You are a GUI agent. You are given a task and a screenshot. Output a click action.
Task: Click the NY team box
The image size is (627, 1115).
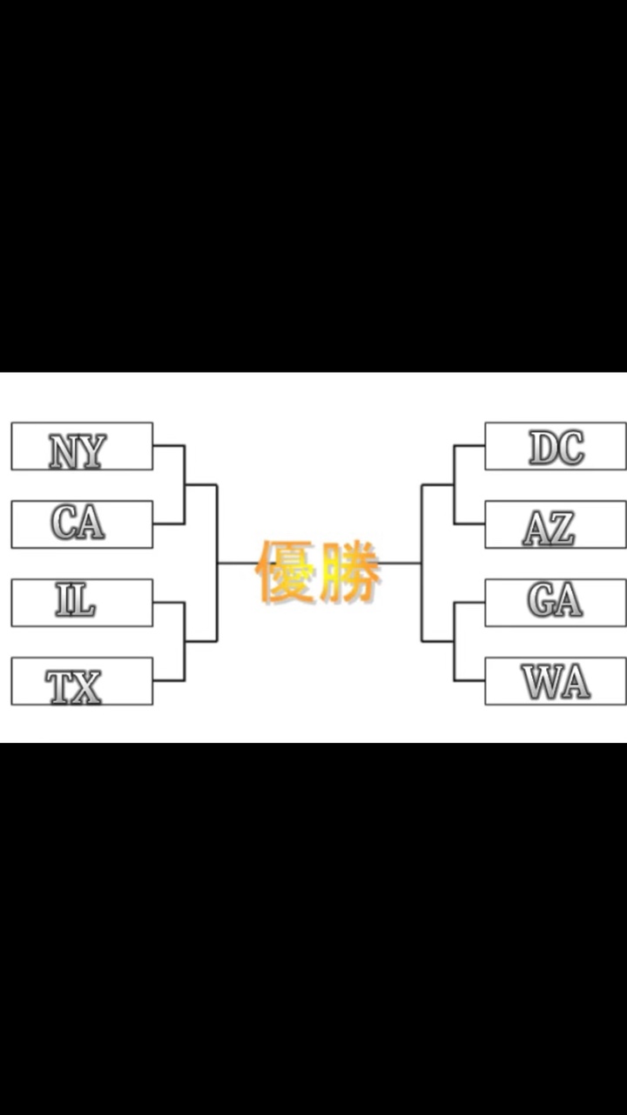[82, 446]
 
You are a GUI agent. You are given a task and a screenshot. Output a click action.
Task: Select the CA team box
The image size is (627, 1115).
[82, 524]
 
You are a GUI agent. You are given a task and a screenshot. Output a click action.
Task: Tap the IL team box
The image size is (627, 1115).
[82, 603]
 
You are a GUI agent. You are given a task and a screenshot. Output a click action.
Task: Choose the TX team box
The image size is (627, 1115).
[82, 681]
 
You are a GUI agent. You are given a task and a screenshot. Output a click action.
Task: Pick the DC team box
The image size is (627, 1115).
[555, 446]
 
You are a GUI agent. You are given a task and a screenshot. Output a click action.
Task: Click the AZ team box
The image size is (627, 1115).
[555, 524]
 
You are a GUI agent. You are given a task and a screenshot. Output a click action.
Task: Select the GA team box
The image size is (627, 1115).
[555, 603]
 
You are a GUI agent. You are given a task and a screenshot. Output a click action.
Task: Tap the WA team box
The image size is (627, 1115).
[555, 681]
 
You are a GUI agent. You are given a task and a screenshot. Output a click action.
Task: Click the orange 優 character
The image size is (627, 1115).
[286, 571]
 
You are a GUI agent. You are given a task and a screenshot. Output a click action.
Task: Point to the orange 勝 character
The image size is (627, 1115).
[350, 571]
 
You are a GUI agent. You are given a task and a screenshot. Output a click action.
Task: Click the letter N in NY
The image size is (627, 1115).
[64, 451]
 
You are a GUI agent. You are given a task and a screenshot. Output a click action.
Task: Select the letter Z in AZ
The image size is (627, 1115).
[562, 529]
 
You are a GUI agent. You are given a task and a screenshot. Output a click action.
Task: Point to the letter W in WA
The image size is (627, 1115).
[541, 682]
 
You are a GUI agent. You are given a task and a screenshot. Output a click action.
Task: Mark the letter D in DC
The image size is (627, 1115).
[543, 448]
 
